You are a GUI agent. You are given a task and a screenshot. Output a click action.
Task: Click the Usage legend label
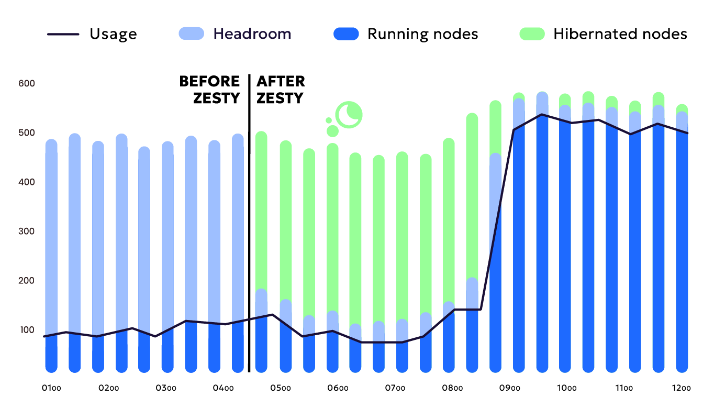(113, 34)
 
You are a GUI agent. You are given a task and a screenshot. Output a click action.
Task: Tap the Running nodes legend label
(422, 34)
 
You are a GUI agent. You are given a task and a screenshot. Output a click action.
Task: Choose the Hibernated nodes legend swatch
(533, 34)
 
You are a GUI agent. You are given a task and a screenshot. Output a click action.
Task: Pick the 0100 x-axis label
(52, 389)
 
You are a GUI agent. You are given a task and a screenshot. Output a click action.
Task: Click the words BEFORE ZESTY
(209, 90)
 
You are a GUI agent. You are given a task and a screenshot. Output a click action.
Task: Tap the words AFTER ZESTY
(280, 90)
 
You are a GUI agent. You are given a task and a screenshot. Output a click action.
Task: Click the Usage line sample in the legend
(63, 34)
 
